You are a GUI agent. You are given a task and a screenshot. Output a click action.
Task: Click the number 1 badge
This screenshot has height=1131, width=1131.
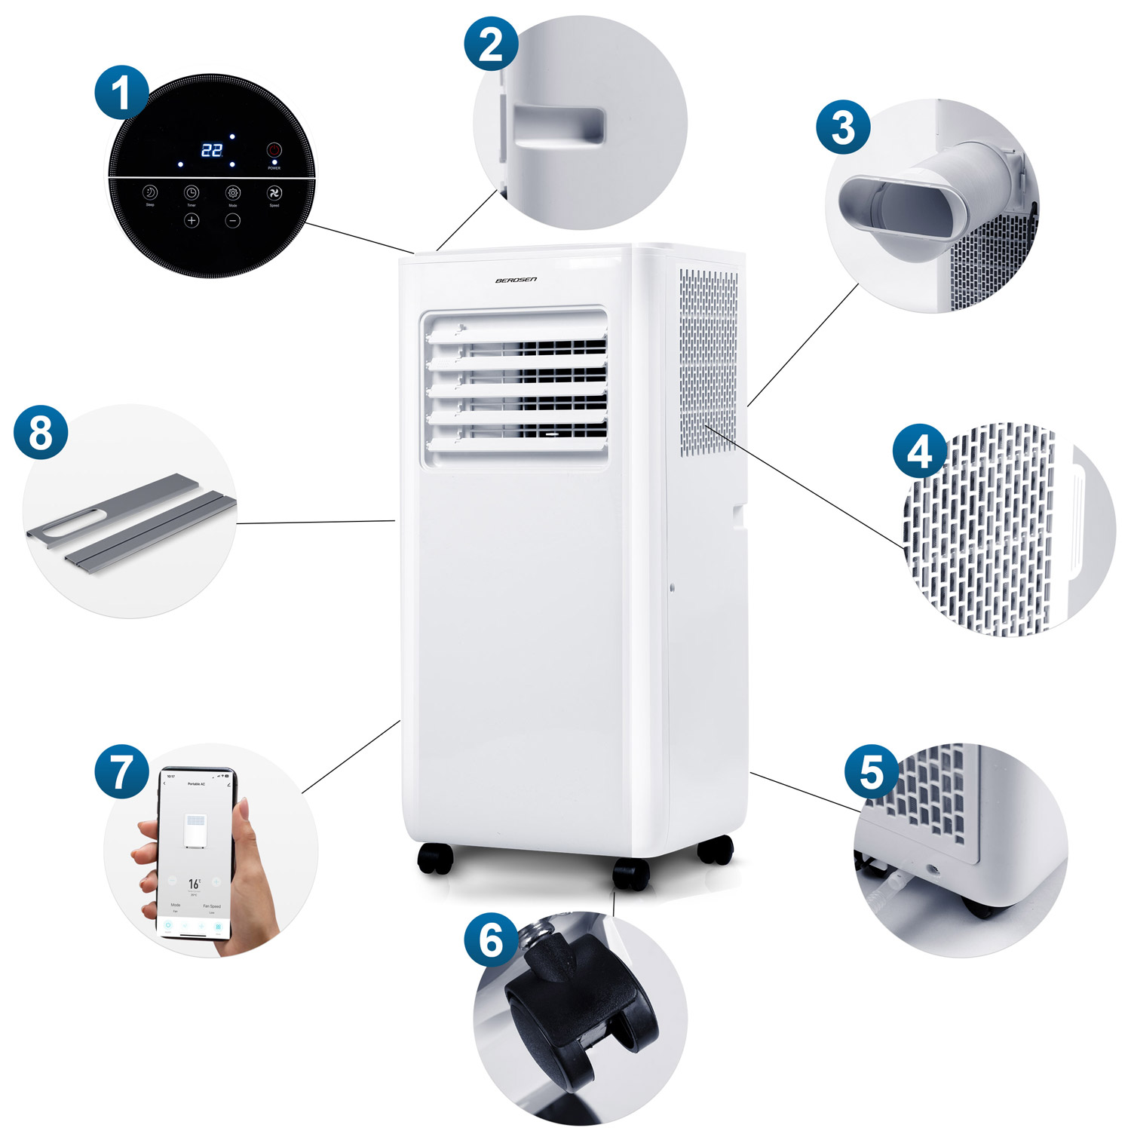(121, 93)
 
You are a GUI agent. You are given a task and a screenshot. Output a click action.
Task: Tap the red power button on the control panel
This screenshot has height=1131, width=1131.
(274, 150)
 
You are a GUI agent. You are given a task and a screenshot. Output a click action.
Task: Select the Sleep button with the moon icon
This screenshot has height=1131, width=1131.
(150, 193)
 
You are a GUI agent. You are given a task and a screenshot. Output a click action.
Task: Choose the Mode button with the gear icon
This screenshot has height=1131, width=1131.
(233, 193)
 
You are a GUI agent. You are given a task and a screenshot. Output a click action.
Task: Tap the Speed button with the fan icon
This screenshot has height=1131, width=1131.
(274, 193)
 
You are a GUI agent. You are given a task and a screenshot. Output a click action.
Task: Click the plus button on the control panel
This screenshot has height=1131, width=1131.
(192, 220)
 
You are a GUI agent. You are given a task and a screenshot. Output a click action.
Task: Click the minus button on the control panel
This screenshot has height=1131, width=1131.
(233, 220)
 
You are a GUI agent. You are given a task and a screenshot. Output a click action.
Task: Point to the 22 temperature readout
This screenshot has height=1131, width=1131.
(212, 150)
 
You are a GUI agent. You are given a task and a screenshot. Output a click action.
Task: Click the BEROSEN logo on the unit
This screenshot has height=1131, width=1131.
(516, 280)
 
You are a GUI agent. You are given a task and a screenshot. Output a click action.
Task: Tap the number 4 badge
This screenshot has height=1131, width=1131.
(919, 452)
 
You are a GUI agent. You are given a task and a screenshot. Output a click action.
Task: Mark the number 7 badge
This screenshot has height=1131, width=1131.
(121, 772)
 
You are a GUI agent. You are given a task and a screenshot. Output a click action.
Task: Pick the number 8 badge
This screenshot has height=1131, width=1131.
(41, 433)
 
